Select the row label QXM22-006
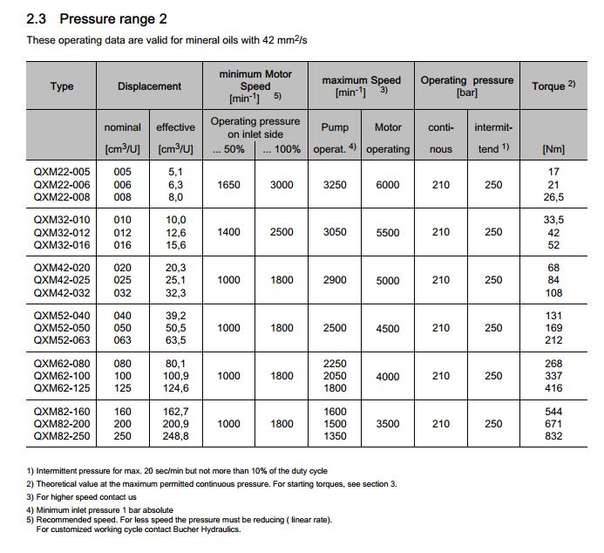(61, 184)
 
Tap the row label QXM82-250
(61, 436)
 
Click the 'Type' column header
(62, 86)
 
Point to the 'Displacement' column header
(150, 86)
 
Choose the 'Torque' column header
(553, 86)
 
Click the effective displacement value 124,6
(175, 388)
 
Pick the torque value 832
(553, 436)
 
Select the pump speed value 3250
(335, 185)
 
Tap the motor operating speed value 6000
(388, 185)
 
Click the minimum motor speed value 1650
(228, 185)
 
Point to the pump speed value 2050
(335, 376)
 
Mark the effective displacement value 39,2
(175, 316)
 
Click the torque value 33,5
(553, 220)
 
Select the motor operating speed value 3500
(388, 424)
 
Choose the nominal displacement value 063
(123, 340)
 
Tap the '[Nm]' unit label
(553, 149)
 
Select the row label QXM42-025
(61, 280)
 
